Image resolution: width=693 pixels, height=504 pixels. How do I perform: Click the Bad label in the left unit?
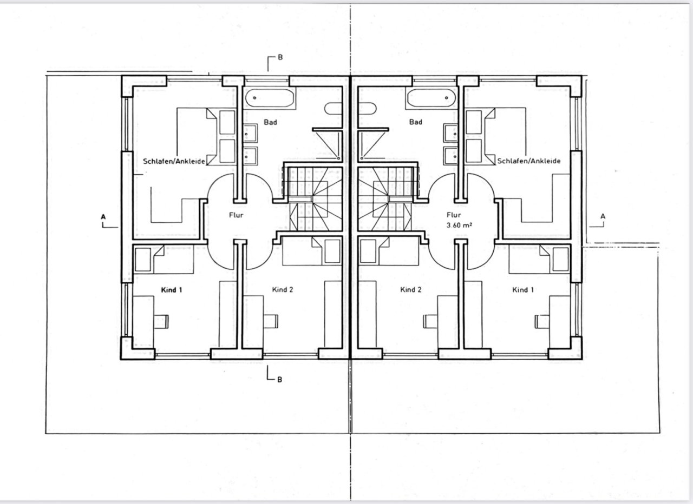click(271, 122)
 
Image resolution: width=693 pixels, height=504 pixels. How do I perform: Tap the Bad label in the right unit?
click(416, 122)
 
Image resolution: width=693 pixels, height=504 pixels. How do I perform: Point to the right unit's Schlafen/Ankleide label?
click(528, 161)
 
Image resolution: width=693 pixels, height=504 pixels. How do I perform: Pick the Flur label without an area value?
click(236, 215)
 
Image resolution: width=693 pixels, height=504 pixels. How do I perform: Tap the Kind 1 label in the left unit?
click(172, 290)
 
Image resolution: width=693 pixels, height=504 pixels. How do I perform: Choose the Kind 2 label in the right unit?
click(411, 290)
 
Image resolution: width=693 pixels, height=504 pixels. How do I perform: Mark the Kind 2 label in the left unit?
click(282, 290)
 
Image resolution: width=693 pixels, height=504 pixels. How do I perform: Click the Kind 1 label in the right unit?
click(523, 290)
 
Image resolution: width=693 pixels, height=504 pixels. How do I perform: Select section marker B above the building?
click(280, 57)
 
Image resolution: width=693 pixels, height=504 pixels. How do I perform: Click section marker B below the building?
click(279, 379)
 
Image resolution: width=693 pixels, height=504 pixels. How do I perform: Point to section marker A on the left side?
click(102, 217)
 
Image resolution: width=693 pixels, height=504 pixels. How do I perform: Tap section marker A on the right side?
click(603, 217)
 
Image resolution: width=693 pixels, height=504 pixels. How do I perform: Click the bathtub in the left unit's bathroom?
click(270, 98)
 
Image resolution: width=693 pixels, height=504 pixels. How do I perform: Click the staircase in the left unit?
click(315, 198)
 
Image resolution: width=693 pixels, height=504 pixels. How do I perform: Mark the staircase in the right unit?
click(387, 198)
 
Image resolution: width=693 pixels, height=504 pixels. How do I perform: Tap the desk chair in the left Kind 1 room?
click(162, 321)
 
